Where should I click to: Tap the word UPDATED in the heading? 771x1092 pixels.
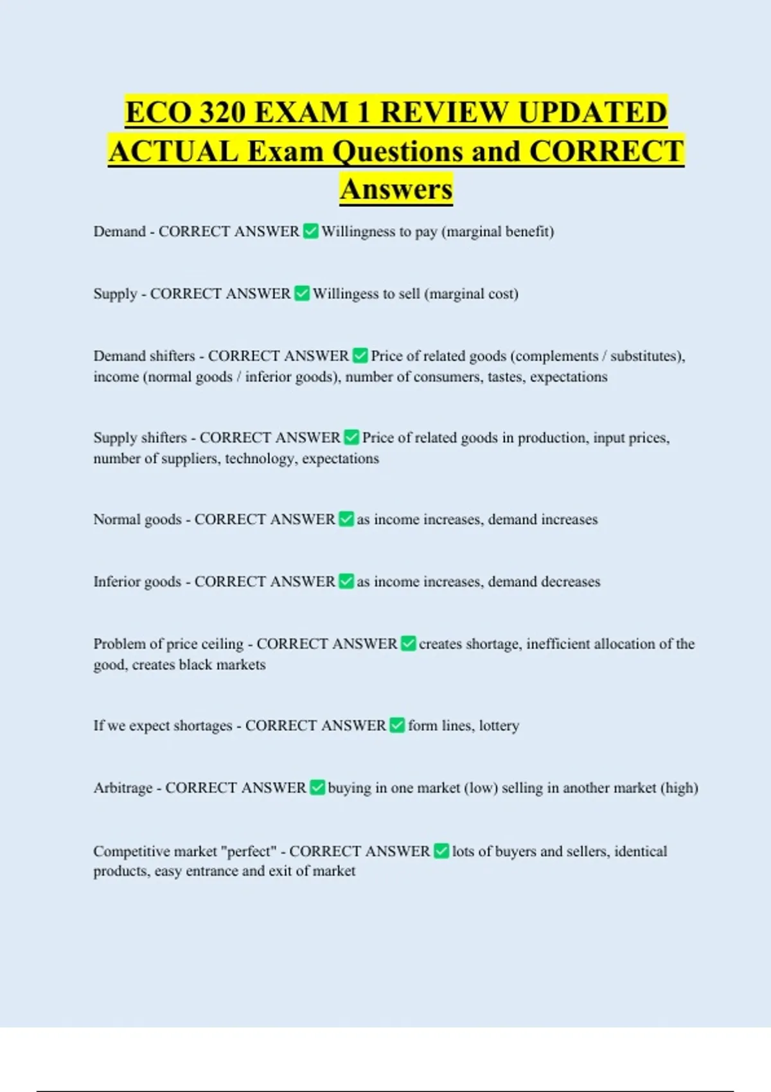(592, 113)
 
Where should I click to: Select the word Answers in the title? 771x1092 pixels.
(396, 189)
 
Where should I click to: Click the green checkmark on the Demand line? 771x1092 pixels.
(310, 231)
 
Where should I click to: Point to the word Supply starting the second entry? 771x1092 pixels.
(115, 294)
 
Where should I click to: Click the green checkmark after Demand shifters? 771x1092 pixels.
(360, 356)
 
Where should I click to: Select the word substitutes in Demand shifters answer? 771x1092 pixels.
(645, 356)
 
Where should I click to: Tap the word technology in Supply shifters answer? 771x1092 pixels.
(260, 459)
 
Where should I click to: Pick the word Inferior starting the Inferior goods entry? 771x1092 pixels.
(119, 582)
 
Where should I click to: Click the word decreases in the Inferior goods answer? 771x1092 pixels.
(571, 582)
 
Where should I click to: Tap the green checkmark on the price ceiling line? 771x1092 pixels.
(408, 644)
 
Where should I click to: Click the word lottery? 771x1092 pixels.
(499, 726)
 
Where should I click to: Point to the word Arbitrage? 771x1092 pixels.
(123, 788)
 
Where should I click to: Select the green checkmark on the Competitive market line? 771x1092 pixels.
(441, 851)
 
